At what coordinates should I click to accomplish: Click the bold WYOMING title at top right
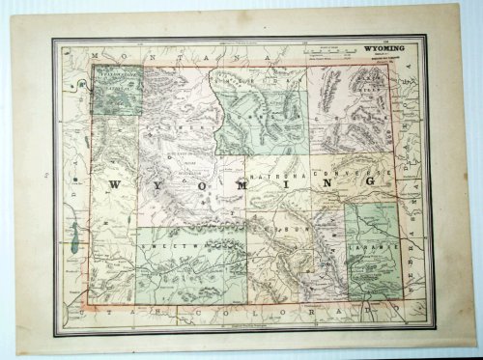pos(384,45)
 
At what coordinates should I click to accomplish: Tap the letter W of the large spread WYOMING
pos(114,183)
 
